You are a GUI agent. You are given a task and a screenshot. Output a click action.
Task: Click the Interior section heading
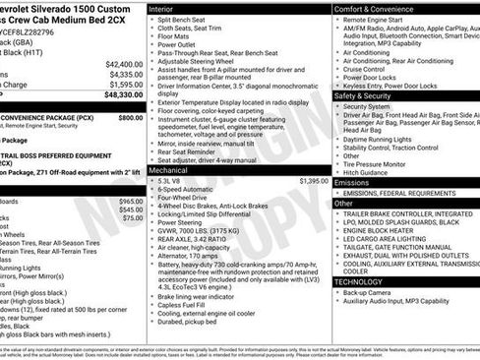[x=161, y=8]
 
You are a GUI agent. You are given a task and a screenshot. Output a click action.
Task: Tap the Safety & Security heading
[x=369, y=96]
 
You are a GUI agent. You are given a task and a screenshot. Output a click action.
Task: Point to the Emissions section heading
[x=352, y=182]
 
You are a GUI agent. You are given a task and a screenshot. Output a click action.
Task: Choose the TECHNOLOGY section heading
[x=358, y=280]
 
